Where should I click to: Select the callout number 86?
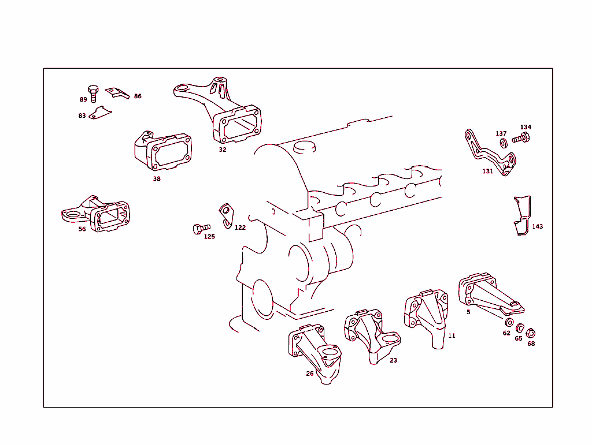point(138,96)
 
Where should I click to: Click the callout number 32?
point(223,150)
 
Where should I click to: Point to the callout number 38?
point(157,179)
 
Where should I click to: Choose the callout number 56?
point(82,229)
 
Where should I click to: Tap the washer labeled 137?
point(502,142)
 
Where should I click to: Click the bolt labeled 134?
point(521,138)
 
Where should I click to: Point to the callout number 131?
point(488,171)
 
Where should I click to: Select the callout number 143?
point(538,227)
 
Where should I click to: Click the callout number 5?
point(468,312)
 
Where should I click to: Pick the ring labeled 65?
point(520,328)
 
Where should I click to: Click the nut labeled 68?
point(531,333)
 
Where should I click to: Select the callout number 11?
point(452,335)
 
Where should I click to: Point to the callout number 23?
point(393,360)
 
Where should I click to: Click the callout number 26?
point(310,374)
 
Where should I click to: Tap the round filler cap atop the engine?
point(305,147)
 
